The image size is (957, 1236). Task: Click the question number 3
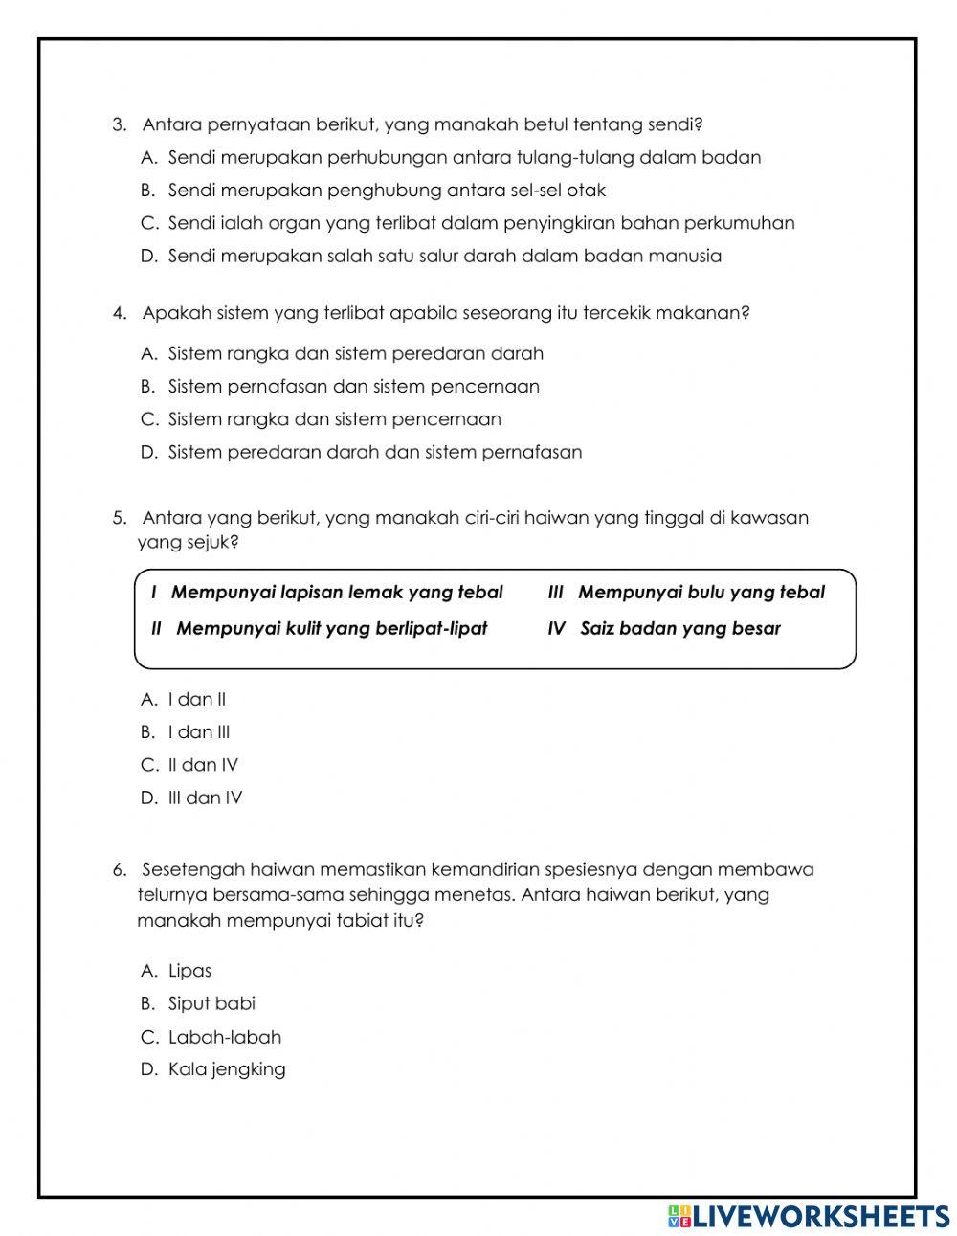click(119, 124)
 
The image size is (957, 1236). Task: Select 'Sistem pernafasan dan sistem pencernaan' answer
click(353, 386)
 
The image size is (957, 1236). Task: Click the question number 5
click(119, 518)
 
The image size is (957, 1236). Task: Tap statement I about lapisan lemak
click(327, 593)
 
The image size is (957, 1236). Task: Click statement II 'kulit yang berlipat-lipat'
click(320, 629)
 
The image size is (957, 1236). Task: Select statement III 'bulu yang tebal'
click(686, 593)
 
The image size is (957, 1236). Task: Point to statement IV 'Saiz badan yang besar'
click(664, 629)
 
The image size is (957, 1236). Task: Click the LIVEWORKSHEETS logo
click(809, 1216)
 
